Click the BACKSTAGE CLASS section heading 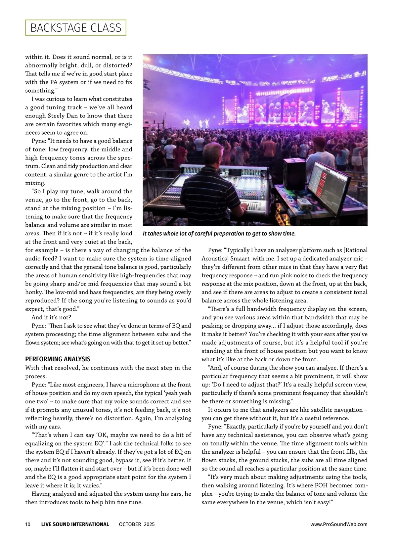point(76,28)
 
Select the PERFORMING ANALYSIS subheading point(58,359)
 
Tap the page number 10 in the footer point(28,524)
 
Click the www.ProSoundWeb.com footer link point(339,524)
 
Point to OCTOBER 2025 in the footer point(137,524)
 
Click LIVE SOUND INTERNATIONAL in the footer point(75,524)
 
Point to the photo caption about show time point(219,234)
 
